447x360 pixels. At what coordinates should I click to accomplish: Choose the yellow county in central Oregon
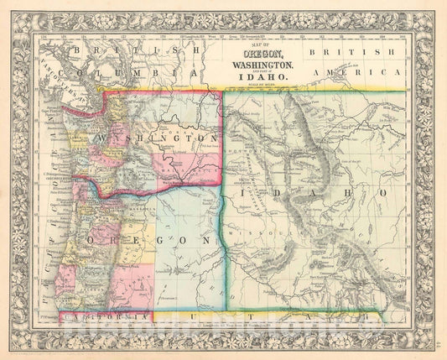(134, 248)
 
